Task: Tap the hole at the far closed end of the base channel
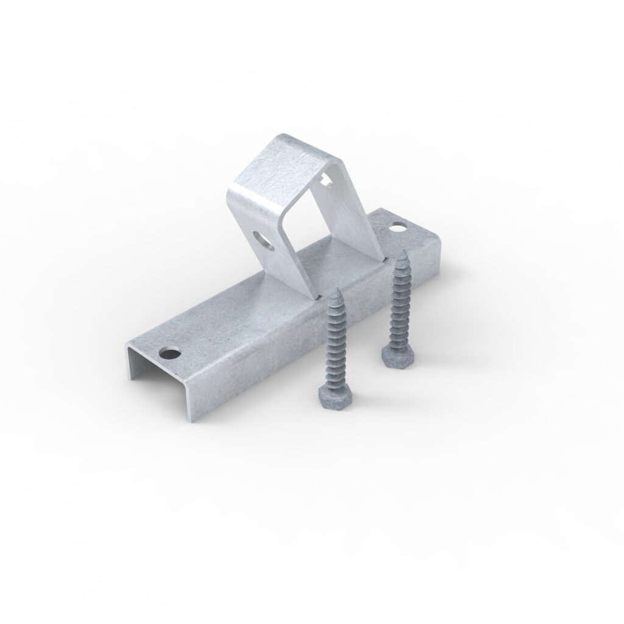398,227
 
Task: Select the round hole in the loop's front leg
263,239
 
